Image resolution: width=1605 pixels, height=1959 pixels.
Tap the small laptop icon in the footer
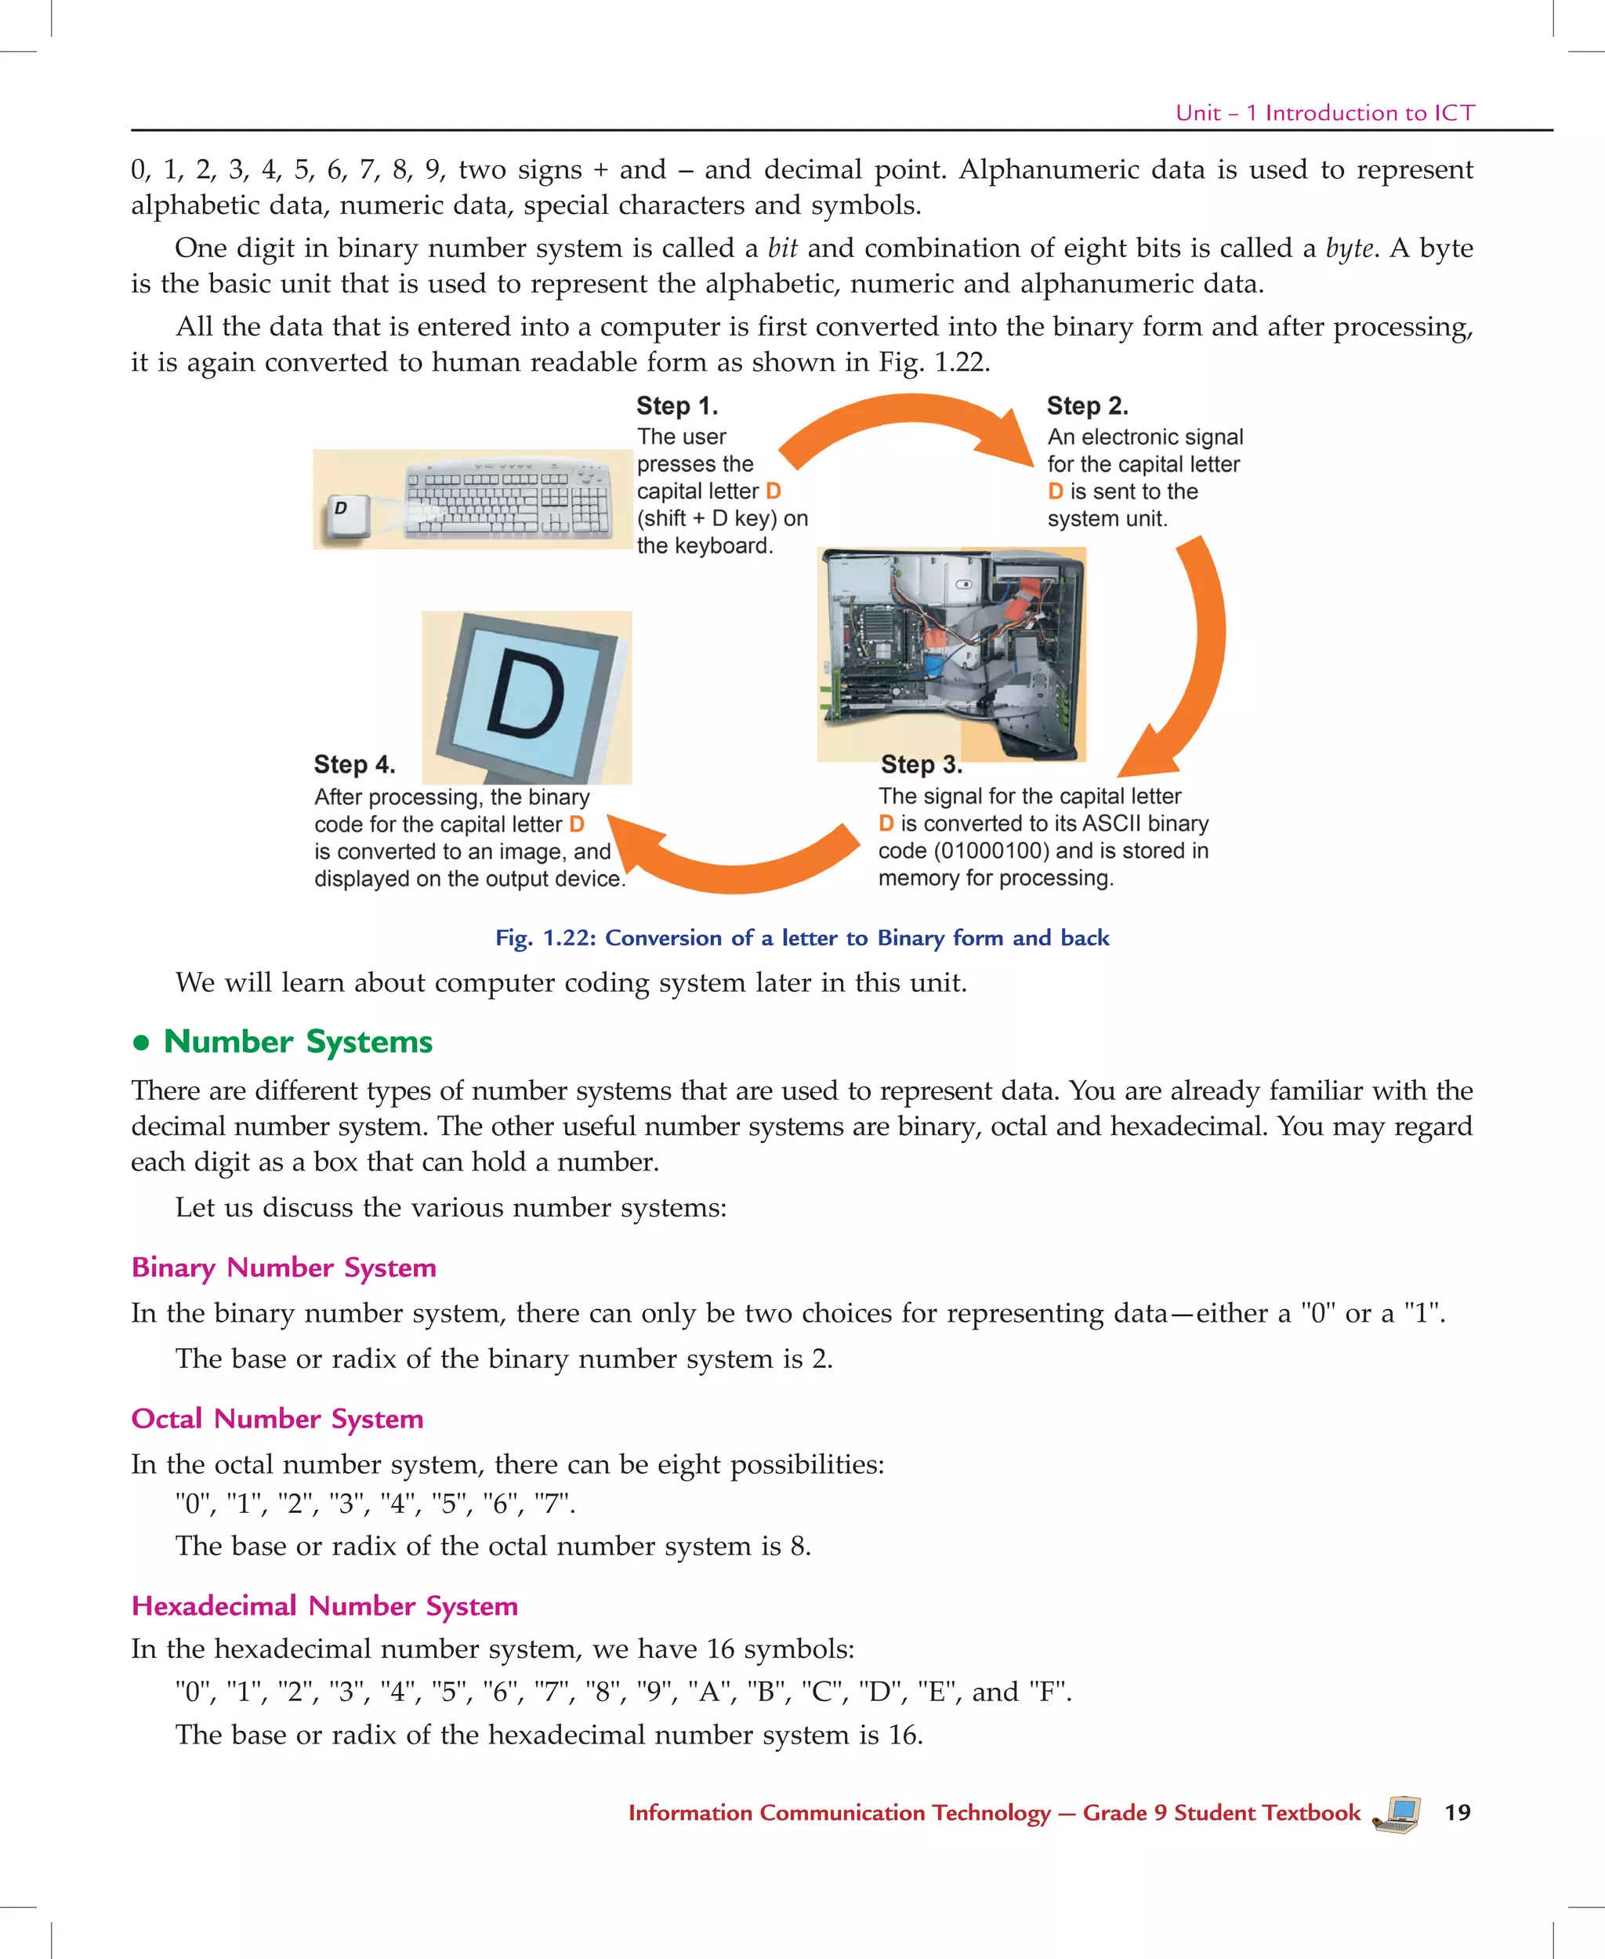pyautogui.click(x=1397, y=1813)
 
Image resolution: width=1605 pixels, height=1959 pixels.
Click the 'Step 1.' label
pyautogui.click(x=677, y=406)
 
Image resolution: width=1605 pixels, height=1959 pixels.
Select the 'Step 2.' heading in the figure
pyautogui.click(x=1087, y=406)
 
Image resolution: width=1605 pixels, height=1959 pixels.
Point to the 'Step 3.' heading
pyautogui.click(x=921, y=764)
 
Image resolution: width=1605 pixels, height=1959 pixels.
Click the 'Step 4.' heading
pyautogui.click(x=354, y=764)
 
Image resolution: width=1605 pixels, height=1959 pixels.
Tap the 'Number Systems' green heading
pyautogui.click(x=298, y=1042)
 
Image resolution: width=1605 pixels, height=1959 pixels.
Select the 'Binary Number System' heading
pyautogui.click(x=284, y=1267)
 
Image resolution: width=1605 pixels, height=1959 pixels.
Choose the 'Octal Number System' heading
pyautogui.click(x=277, y=1418)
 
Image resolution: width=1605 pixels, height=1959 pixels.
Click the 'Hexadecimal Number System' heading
pyautogui.click(x=324, y=1605)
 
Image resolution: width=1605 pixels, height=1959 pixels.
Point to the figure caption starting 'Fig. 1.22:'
pyautogui.click(x=802, y=938)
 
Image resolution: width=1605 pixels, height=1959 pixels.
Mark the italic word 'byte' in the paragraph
pyautogui.click(x=1349, y=248)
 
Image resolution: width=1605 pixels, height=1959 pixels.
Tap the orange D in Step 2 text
pyautogui.click(x=1055, y=492)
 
